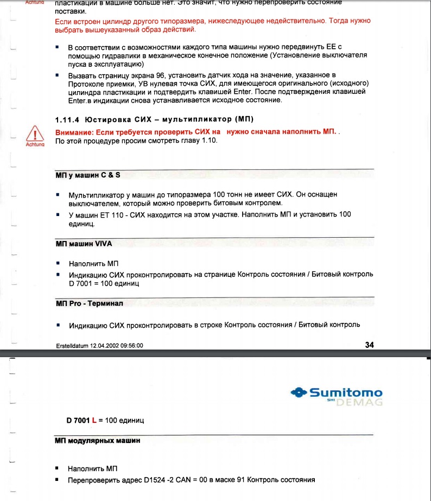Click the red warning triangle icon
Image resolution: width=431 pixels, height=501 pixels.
[35, 134]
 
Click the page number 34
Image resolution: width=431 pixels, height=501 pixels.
[370, 344]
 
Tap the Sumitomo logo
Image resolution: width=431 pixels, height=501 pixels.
[337, 392]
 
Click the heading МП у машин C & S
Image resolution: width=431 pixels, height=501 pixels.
[88, 176]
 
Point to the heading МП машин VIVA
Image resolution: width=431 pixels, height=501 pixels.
[84, 244]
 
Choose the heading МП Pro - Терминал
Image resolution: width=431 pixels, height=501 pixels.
[90, 303]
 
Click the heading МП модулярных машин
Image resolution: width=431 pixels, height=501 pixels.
[98, 440]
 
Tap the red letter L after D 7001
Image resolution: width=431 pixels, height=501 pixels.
[94, 420]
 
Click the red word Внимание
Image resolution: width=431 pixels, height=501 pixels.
[74, 132]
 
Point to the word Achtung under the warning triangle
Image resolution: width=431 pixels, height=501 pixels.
[34, 144]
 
